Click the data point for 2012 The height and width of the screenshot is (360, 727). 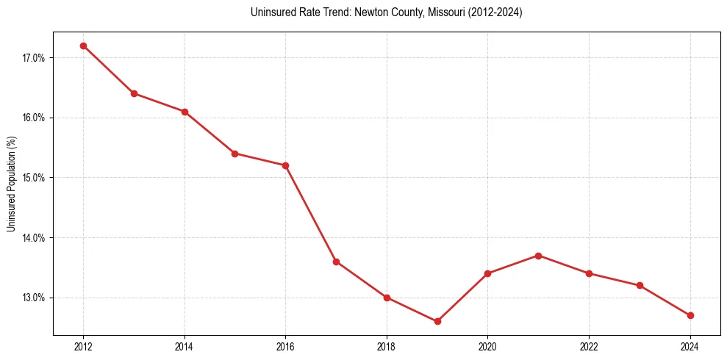[83, 46]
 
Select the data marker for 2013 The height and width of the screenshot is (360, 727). [134, 93]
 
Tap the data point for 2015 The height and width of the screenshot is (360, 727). [234, 154]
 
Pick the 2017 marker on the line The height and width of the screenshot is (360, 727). [336, 262]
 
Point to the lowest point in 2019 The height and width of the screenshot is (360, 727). [437, 321]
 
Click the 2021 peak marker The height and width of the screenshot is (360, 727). [538, 256]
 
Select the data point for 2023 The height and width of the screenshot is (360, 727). [640, 285]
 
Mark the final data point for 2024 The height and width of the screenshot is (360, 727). [690, 315]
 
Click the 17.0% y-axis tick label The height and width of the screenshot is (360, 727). [34, 58]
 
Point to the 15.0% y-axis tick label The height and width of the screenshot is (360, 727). [34, 178]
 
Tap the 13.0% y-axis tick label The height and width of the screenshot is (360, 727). [34, 298]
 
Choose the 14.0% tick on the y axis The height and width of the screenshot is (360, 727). [34, 238]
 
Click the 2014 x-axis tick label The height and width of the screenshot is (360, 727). [185, 347]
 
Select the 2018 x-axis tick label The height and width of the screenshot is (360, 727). [387, 347]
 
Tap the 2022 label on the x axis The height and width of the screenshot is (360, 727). [589, 347]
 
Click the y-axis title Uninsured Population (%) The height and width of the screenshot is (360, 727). [11, 184]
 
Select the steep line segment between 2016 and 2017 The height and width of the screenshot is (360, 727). [311, 214]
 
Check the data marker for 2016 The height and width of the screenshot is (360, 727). [285, 165]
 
